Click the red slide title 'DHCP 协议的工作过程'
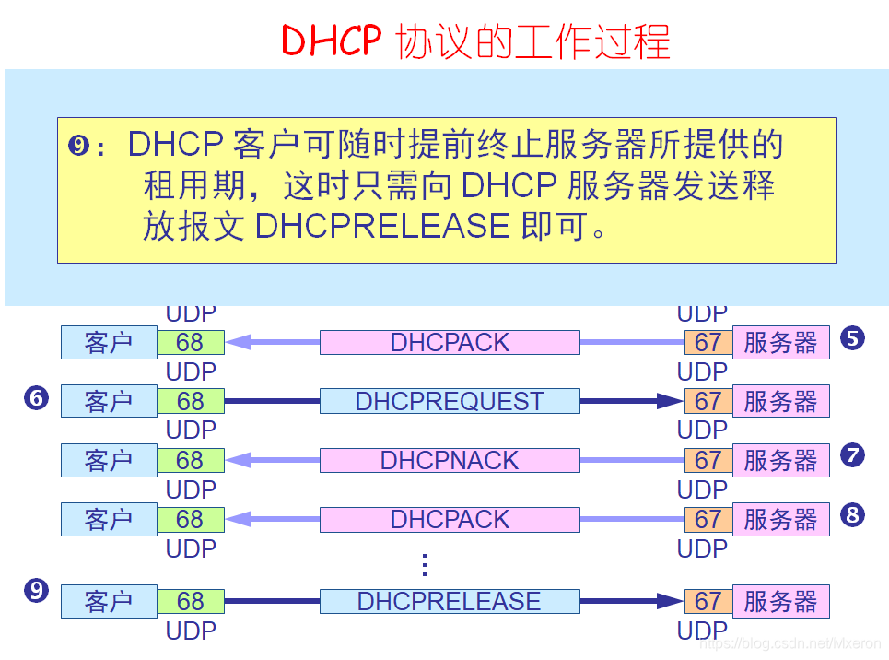tap(475, 41)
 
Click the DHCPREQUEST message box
tap(450, 401)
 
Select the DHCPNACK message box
tap(450, 460)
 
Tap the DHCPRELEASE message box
tap(450, 602)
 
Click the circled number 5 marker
tap(852, 338)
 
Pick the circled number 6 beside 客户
tap(37, 398)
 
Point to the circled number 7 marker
tap(852, 455)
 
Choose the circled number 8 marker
tap(852, 515)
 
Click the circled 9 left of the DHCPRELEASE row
tap(37, 591)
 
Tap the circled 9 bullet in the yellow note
tap(80, 146)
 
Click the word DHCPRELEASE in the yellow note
tap(382, 226)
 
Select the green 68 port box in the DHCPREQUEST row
tap(191, 401)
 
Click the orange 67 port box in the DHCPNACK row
tap(708, 460)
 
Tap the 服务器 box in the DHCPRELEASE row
tap(780, 602)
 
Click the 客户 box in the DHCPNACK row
tap(109, 460)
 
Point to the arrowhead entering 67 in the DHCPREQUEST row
tap(670, 401)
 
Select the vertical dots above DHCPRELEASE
tap(425, 564)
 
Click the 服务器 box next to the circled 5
tap(780, 342)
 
